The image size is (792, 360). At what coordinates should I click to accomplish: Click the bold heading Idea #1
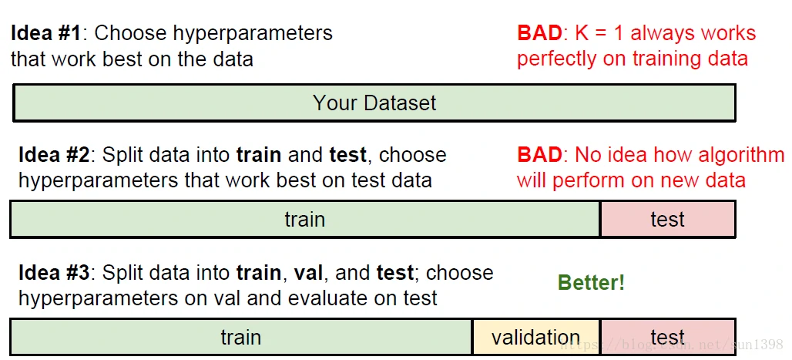[x=45, y=33]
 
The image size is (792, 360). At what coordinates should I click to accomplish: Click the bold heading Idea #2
[x=53, y=155]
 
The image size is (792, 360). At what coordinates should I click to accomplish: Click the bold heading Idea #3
[x=53, y=273]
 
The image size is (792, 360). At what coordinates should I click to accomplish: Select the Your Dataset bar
[x=374, y=103]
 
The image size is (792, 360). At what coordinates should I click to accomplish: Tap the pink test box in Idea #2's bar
[x=668, y=220]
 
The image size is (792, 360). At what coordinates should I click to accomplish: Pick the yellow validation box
[x=536, y=337]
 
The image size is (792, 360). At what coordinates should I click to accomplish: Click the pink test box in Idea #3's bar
[x=668, y=337]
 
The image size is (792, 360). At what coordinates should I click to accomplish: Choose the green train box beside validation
[x=241, y=337]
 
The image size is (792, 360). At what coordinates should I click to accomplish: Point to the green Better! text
[x=591, y=283]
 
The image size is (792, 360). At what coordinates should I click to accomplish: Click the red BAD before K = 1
[x=539, y=33]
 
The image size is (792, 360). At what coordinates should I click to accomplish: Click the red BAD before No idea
[x=539, y=155]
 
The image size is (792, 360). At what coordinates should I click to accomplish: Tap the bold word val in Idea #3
[x=307, y=273]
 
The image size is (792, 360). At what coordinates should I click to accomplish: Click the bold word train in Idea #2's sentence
[x=259, y=155]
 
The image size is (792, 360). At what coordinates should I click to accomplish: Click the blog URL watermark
[x=672, y=345]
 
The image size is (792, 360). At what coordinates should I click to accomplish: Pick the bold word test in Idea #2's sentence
[x=348, y=155]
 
